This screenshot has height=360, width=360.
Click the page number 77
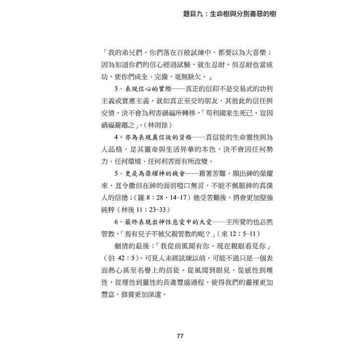click(x=180, y=336)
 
